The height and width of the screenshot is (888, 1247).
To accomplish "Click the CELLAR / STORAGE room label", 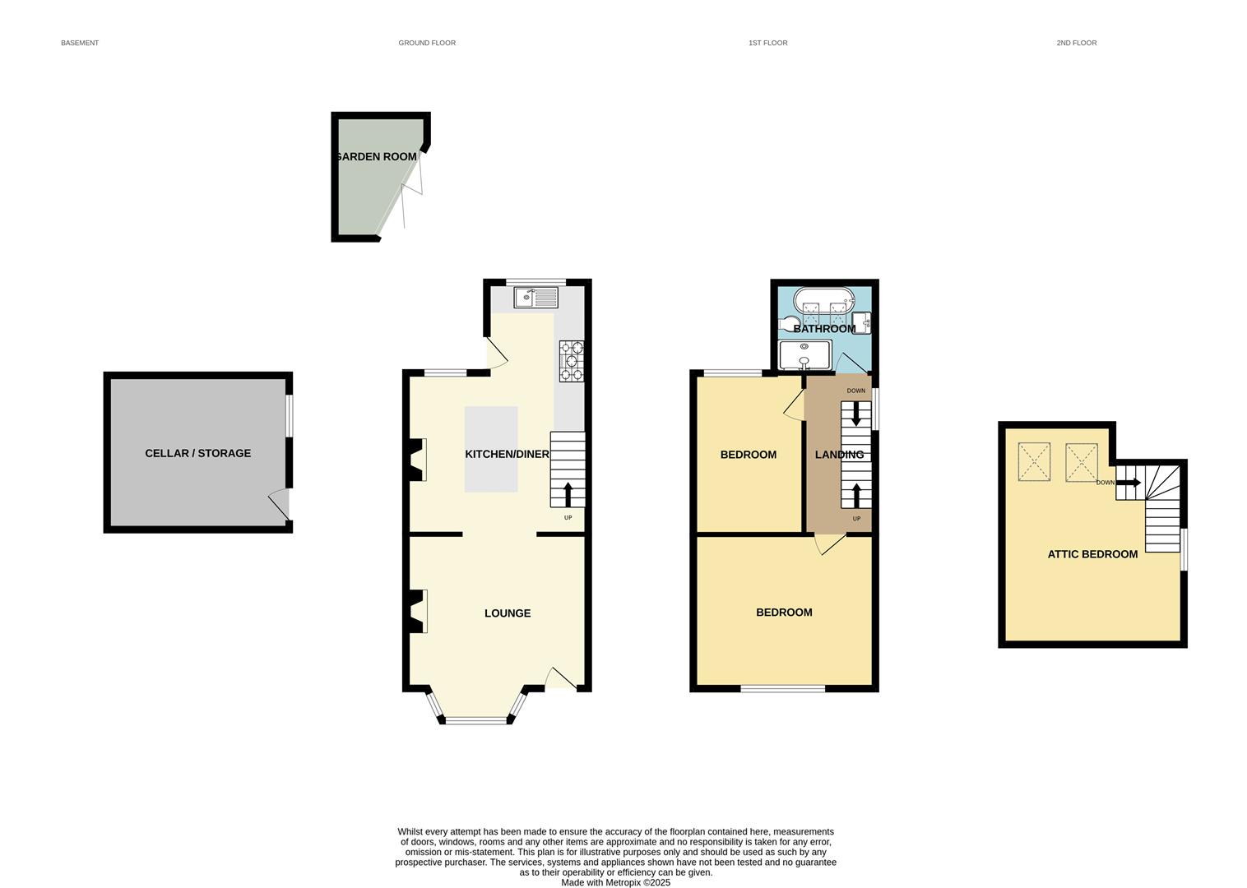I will (197, 453).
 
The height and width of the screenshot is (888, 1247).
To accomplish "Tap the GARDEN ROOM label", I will (376, 156).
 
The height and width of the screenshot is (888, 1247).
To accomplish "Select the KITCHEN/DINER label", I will (507, 454).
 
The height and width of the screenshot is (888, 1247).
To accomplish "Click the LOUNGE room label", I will (508, 613).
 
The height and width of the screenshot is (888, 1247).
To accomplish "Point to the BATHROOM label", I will (824, 329).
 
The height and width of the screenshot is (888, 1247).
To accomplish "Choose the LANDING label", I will (839, 455).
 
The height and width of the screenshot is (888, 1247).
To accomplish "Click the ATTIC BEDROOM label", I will (1092, 554).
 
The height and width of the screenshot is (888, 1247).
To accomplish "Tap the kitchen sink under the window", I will (535, 296).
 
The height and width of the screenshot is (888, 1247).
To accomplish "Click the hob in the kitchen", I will (572, 361).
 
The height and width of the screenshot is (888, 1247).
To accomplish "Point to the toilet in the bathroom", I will (789, 323).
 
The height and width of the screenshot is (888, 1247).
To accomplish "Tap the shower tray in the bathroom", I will (804, 355).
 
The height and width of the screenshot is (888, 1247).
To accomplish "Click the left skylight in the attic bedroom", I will (1034, 462).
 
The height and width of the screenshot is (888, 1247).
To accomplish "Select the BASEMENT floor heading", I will (80, 43).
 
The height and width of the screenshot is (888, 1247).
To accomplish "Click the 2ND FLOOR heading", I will (1076, 43).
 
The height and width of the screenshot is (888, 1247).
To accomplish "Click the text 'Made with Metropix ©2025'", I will (615, 882).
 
